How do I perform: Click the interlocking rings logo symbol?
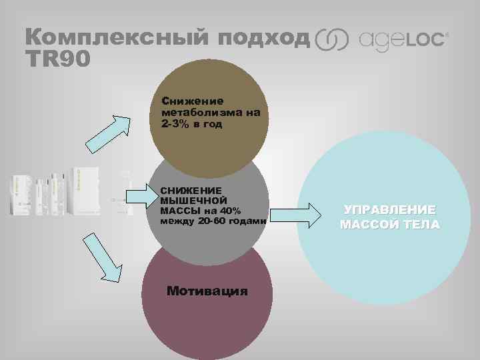(x=331, y=39)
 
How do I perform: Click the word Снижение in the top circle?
(x=192, y=101)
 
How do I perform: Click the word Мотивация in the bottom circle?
(x=207, y=291)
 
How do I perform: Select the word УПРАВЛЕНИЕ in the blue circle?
(x=389, y=210)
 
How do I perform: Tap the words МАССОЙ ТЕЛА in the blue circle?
(x=389, y=224)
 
